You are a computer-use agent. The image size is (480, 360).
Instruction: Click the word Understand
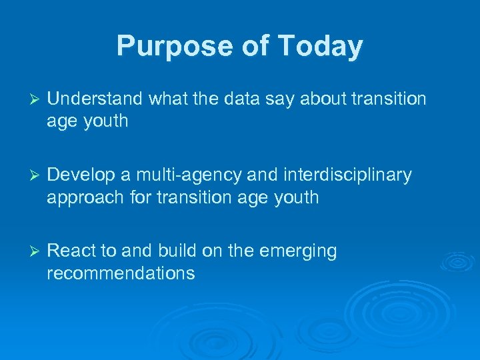pos(95,99)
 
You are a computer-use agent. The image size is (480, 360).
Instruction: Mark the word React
pos(70,251)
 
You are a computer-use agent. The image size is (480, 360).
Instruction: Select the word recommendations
pos(121,273)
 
